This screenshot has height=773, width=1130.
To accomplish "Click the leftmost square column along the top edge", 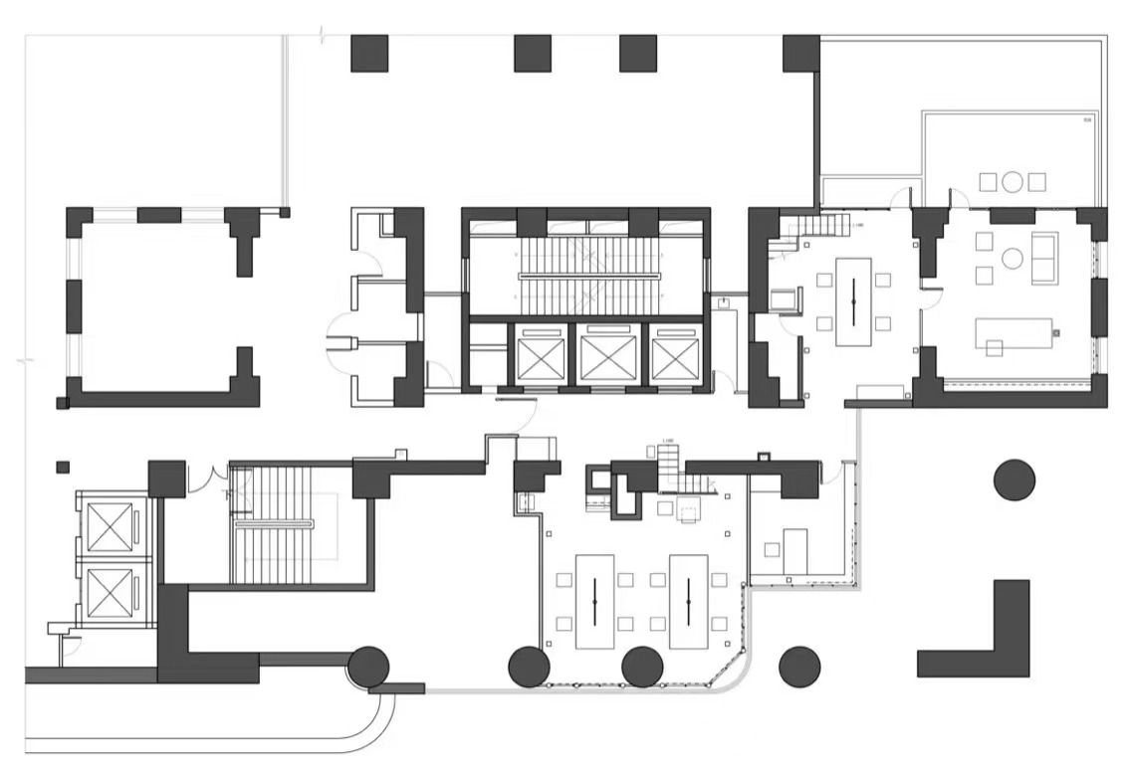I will click(x=368, y=53).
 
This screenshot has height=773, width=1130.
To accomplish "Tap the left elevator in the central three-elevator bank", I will click(x=542, y=355).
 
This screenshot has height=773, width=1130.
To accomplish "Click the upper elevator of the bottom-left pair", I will click(x=110, y=526).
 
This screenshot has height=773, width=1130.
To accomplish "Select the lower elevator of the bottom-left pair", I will click(x=110, y=594).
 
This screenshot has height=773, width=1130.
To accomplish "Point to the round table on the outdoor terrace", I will click(x=1013, y=181).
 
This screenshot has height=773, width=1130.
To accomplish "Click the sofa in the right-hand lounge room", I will click(x=1044, y=258).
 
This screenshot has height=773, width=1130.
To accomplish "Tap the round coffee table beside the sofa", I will click(x=1013, y=259).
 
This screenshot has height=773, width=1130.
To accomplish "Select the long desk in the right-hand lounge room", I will click(x=1014, y=332).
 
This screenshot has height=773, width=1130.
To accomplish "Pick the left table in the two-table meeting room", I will click(x=594, y=601).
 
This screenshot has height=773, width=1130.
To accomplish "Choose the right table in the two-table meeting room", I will click(x=688, y=601).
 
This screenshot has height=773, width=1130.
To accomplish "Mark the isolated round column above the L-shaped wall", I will click(x=1015, y=480).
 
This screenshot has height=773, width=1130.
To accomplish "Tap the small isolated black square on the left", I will click(x=63, y=466).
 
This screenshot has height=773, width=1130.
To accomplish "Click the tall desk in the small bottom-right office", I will click(x=794, y=551).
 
